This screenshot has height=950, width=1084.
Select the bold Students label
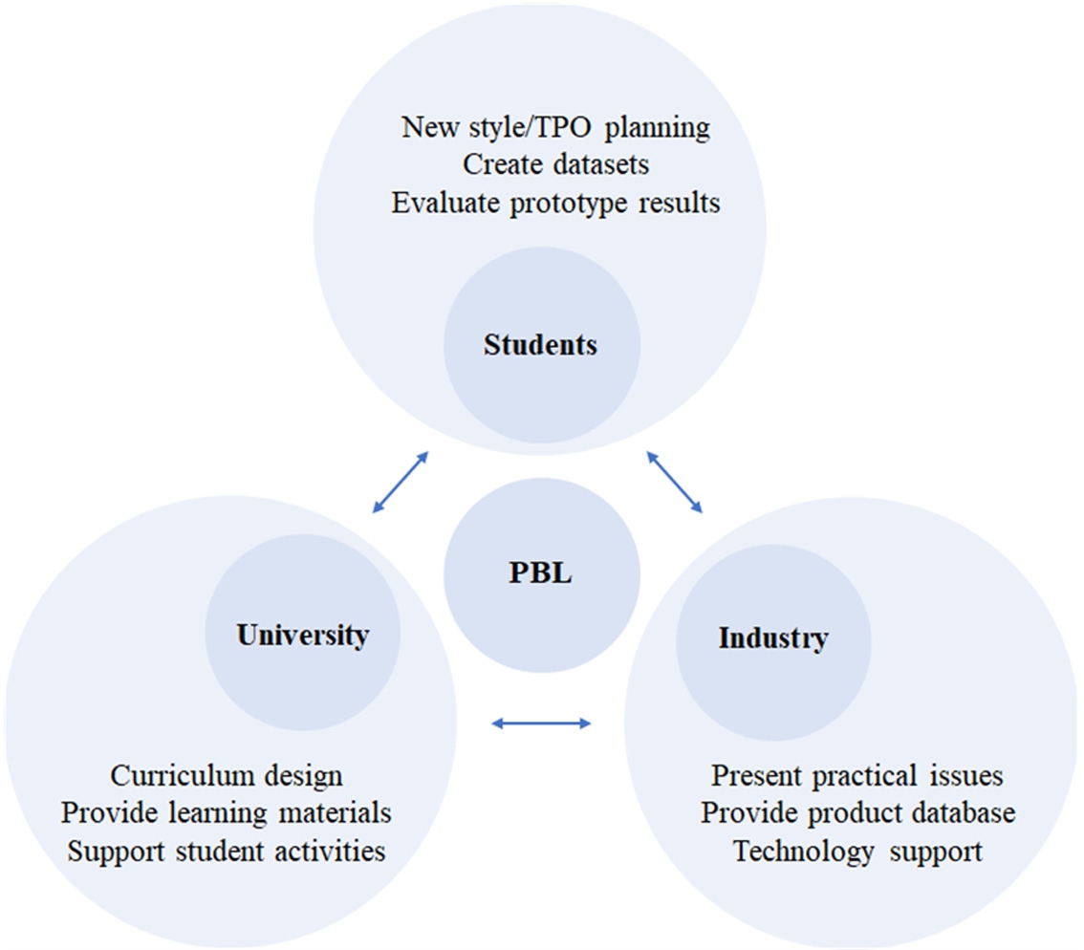[x=540, y=344]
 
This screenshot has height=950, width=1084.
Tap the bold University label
[x=303, y=635]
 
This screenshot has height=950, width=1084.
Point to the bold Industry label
[x=772, y=637]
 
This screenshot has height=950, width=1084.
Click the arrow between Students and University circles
[x=399, y=482]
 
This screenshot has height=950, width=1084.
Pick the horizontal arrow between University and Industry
[x=541, y=723]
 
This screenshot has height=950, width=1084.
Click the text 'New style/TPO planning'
[x=555, y=127]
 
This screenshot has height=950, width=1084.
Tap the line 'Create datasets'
[x=555, y=164]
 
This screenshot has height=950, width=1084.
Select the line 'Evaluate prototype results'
[x=555, y=203]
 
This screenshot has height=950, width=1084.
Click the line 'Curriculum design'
[x=227, y=774]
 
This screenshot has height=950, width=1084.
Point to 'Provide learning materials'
[x=227, y=812]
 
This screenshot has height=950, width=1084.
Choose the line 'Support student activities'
[x=227, y=850]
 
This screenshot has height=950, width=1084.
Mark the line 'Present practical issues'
[x=857, y=774]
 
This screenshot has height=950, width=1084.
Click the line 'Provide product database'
[x=857, y=812]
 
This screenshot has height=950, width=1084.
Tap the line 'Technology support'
[x=857, y=851]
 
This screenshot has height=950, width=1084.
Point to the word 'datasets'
[x=601, y=164]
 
